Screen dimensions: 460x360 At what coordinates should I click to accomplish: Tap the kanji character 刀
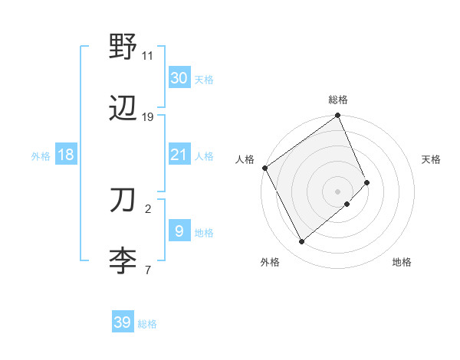tap(123, 200)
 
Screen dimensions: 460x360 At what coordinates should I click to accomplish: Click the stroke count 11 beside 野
tap(148, 56)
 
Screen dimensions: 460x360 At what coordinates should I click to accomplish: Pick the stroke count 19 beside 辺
tap(148, 117)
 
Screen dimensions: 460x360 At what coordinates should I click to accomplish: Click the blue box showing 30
tap(179, 78)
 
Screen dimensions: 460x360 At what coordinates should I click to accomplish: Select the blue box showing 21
tap(179, 155)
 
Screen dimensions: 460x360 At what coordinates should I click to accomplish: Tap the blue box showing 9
tap(179, 231)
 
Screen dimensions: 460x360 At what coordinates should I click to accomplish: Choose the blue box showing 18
tap(66, 155)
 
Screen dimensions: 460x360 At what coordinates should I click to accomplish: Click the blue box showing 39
tap(122, 322)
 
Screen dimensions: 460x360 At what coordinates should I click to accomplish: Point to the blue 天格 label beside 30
tap(204, 80)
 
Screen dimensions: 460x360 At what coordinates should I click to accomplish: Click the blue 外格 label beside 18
tap(41, 156)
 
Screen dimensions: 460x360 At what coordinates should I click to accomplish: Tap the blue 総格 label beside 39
tap(147, 324)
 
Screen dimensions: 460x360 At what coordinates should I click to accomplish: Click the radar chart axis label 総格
tap(338, 100)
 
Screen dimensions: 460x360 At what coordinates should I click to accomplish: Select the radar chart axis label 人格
tap(245, 159)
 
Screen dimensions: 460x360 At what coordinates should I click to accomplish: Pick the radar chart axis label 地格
tap(402, 262)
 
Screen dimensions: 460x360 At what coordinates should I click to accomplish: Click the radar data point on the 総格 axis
tap(338, 116)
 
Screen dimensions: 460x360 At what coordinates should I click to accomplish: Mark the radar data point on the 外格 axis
tap(301, 242)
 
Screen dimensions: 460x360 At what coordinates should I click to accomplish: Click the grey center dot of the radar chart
tap(338, 191)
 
